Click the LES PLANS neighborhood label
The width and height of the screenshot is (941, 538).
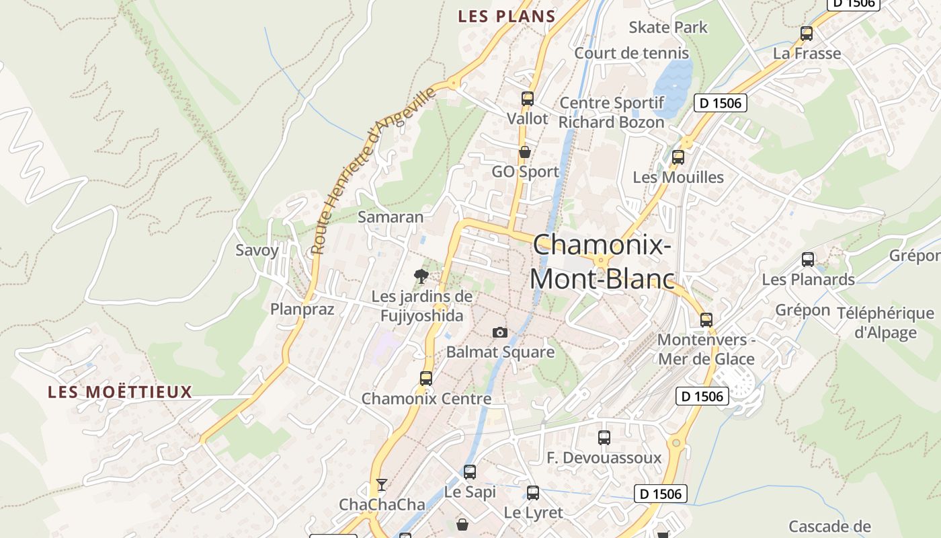tap(506, 17)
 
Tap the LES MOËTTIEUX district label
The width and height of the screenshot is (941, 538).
tap(120, 392)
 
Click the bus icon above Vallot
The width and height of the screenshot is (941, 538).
tap(528, 99)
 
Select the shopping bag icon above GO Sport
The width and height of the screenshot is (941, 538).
tap(524, 152)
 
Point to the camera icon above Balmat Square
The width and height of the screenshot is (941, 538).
tap(499, 332)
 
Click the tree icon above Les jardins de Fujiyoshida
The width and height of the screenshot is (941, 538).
tap(421, 276)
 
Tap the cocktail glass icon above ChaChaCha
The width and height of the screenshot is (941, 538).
tap(382, 484)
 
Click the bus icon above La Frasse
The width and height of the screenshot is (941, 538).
tap(807, 33)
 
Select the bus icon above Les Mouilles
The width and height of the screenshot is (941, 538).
tap(678, 157)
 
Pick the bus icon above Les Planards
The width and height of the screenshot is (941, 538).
tap(808, 259)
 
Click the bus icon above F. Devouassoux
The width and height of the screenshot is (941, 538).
tap(604, 438)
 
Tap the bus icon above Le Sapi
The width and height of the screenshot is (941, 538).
tap(470, 472)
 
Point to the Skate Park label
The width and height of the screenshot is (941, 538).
tap(668, 28)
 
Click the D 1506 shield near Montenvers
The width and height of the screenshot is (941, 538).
tap(702, 396)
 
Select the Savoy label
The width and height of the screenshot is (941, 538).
tap(257, 250)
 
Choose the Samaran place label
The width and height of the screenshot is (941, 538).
tap(391, 217)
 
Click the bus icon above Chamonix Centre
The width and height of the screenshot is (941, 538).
tap(425, 379)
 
